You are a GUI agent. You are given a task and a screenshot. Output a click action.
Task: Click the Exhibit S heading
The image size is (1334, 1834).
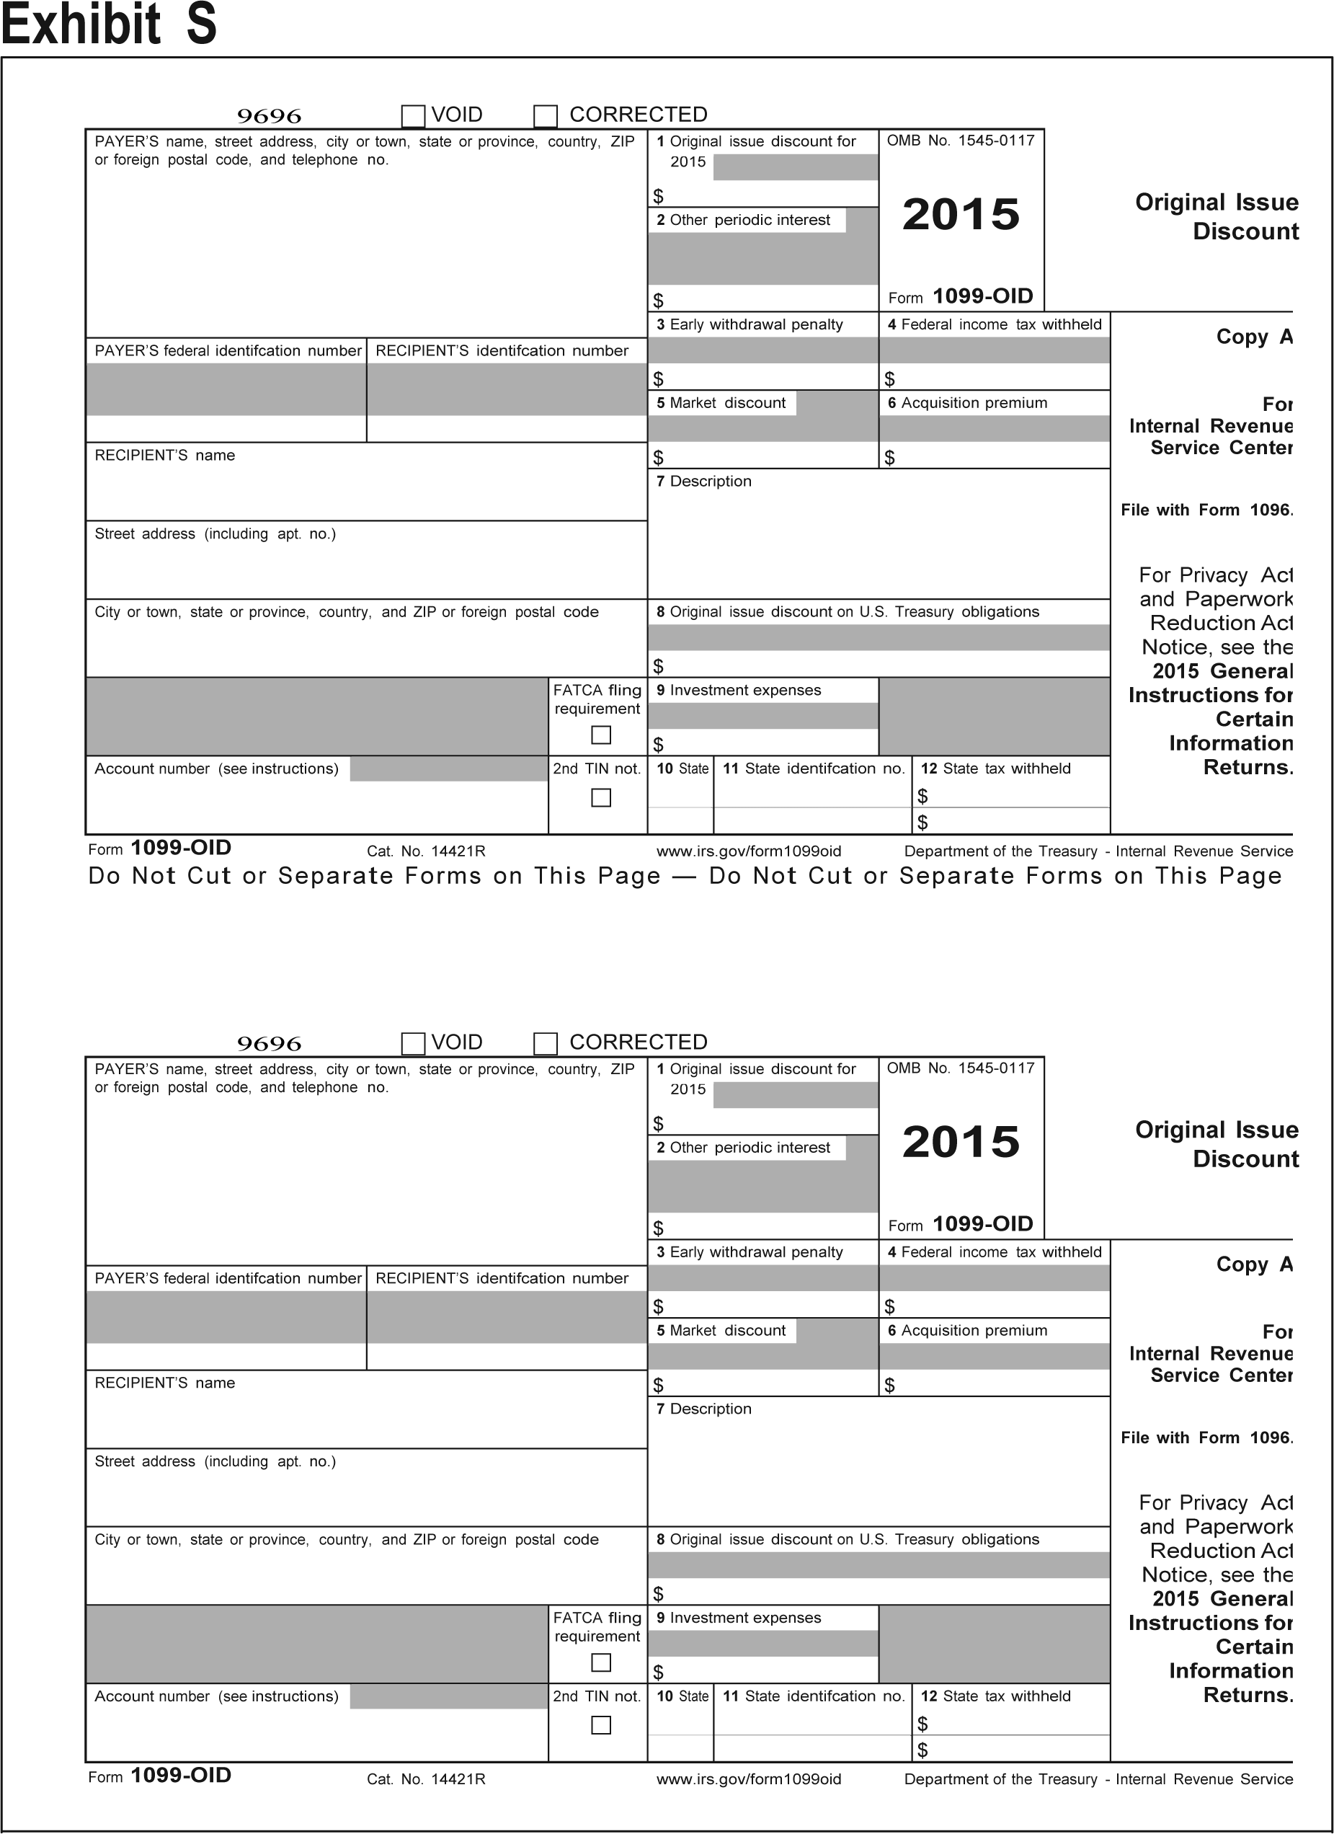click(x=109, y=25)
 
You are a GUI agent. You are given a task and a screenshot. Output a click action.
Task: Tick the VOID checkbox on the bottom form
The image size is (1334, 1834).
click(x=413, y=1044)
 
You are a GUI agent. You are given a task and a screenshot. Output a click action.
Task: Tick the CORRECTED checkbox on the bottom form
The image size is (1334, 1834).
click(x=546, y=1044)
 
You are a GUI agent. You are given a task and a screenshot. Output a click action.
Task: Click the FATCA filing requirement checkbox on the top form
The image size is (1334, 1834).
click(x=601, y=735)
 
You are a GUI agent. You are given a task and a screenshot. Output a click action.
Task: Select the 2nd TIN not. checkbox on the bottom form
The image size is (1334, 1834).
click(x=601, y=1725)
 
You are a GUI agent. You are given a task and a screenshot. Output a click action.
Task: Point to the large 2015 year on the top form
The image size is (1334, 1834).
click(x=961, y=214)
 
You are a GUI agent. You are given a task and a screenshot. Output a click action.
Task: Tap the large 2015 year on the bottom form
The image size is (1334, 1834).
click(x=961, y=1142)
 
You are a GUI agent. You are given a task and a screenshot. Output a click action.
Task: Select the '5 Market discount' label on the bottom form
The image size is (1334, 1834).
click(x=721, y=1330)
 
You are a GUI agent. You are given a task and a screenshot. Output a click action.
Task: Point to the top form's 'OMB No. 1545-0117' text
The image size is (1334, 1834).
click(x=961, y=141)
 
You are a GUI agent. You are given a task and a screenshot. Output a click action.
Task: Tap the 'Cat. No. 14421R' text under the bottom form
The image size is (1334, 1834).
click(x=426, y=1779)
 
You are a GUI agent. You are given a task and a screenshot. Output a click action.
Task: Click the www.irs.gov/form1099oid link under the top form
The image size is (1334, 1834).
click(x=749, y=851)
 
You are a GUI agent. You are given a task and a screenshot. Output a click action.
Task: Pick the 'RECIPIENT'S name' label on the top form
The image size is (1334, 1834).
click(x=165, y=456)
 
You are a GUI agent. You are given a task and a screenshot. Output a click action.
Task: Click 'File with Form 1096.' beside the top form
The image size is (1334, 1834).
click(x=1206, y=510)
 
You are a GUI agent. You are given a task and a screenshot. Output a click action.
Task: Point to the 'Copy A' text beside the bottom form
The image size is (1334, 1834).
click(x=1254, y=1264)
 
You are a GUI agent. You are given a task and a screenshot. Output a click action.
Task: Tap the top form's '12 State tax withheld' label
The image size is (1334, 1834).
click(x=995, y=769)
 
